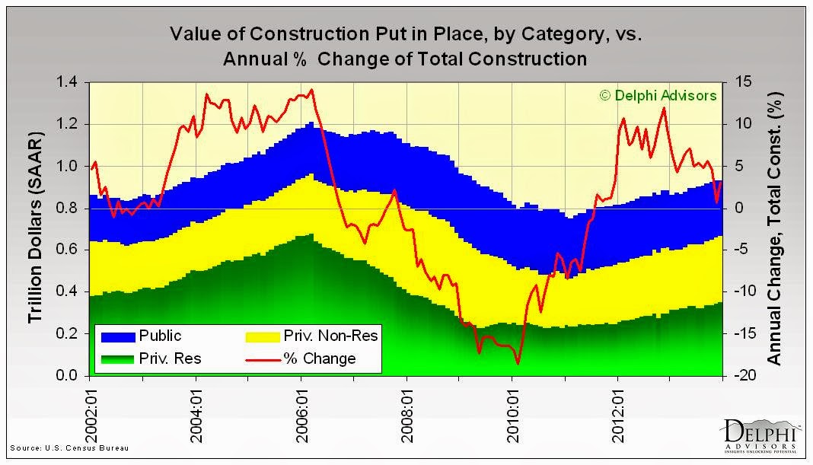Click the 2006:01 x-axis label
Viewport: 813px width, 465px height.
click(x=301, y=409)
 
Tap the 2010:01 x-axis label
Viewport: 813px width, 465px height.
click(x=512, y=409)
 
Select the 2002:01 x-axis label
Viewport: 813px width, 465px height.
click(x=91, y=409)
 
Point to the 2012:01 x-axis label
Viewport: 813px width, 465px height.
click(x=618, y=409)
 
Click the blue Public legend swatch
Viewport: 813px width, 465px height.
click(x=116, y=336)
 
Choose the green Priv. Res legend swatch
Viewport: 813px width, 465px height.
click(x=116, y=358)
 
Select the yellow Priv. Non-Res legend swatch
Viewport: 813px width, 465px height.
click(x=263, y=336)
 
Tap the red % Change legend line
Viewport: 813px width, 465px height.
click(x=263, y=358)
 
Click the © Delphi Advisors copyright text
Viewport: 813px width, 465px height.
click(x=658, y=96)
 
